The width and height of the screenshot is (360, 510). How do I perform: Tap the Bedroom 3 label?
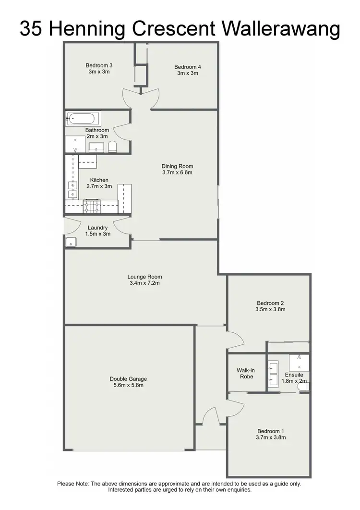[99, 65]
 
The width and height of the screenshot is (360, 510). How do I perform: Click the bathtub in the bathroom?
[83, 118]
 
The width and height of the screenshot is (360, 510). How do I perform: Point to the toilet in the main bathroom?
[112, 146]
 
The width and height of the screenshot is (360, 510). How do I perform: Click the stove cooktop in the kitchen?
[92, 207]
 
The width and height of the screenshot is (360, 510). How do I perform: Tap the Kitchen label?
[99, 180]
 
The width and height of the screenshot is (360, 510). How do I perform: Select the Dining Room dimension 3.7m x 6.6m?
[177, 173]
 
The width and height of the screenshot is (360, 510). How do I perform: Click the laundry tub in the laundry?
[71, 243]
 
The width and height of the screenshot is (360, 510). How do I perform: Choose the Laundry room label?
[97, 228]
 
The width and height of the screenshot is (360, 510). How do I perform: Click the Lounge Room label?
[144, 277]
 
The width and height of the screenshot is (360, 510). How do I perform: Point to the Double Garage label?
[128, 379]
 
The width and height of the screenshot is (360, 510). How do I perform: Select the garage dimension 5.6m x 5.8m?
[128, 385]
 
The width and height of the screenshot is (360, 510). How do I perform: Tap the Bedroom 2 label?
[271, 303]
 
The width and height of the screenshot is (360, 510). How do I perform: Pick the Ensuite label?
[293, 375]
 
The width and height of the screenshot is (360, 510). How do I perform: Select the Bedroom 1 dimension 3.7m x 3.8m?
[272, 437]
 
